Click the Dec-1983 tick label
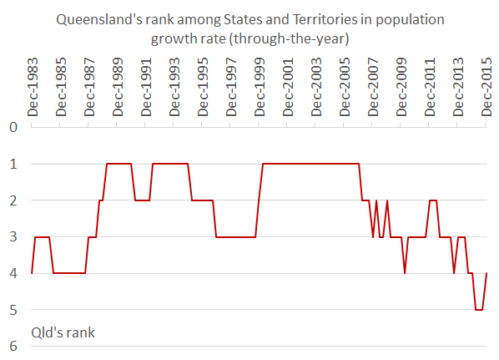pyautogui.click(x=33, y=88)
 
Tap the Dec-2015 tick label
pyautogui.click(x=486, y=88)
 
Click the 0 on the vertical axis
pyautogui.click(x=13, y=127)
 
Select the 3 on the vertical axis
pyautogui.click(x=13, y=237)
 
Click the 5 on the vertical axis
pyautogui.click(x=13, y=310)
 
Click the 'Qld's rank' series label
pyautogui.click(x=63, y=332)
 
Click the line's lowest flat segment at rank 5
pyautogui.click(x=479, y=310)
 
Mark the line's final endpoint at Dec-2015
pyautogui.click(x=486, y=273)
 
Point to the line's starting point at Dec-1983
pyautogui.click(x=32, y=273)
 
